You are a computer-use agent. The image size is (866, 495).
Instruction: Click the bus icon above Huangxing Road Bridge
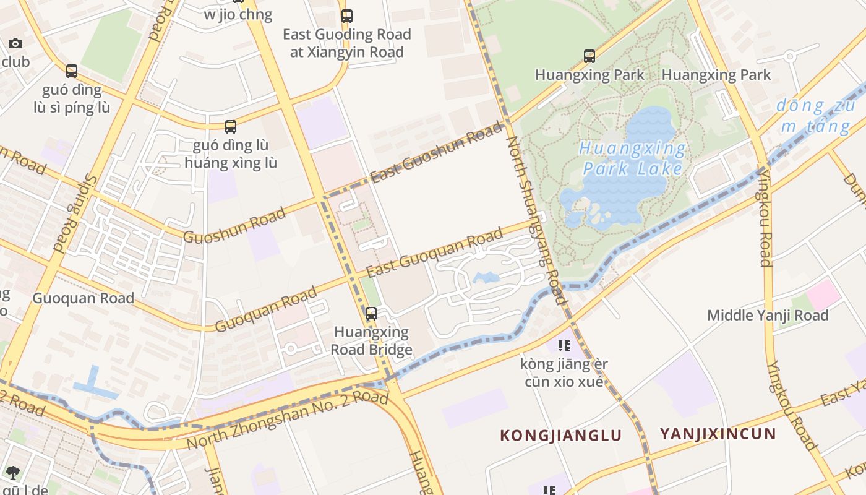371,314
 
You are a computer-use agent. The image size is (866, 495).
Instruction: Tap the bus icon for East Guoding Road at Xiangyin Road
347,16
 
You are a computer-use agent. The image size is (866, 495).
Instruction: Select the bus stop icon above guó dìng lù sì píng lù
72,71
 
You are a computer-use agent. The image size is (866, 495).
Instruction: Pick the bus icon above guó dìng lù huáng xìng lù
231,127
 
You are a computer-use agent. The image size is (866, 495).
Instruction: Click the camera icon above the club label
15,43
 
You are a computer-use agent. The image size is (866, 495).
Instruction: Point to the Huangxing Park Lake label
633,159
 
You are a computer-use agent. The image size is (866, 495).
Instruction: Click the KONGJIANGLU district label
560,435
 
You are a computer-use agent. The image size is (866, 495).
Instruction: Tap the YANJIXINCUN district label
718,433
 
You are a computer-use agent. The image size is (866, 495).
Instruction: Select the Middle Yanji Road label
768,316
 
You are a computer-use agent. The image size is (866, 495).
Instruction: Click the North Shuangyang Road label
537,220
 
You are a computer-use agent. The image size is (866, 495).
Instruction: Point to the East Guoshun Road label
437,153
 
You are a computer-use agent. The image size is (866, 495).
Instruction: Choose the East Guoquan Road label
434,254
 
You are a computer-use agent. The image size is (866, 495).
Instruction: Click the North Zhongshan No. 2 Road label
288,420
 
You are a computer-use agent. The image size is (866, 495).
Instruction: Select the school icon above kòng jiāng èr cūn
564,346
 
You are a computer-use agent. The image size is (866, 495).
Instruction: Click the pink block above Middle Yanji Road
823,295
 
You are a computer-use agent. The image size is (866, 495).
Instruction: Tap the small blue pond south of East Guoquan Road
486,277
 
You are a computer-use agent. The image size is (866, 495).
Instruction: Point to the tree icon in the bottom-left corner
12,473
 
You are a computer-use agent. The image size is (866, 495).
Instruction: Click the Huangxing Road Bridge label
371,341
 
